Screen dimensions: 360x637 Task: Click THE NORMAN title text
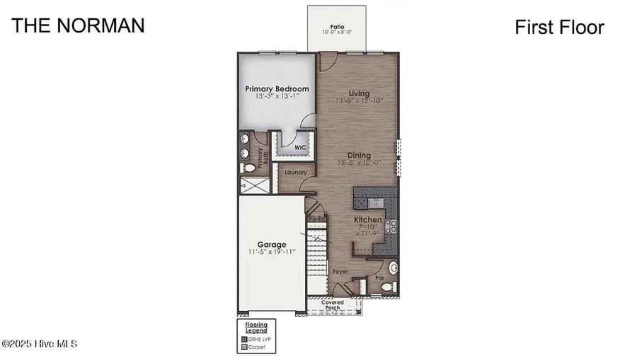pyautogui.click(x=79, y=25)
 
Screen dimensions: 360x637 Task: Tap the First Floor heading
pyautogui.click(x=559, y=28)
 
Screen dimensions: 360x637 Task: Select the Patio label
pyautogui.click(x=337, y=28)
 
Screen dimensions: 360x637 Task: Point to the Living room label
pyautogui.click(x=360, y=93)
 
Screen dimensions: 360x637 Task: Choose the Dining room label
pyautogui.click(x=360, y=155)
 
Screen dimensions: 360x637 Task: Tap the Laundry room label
pyautogui.click(x=295, y=172)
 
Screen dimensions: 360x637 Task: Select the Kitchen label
pyautogui.click(x=368, y=220)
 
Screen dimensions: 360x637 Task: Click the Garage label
pyautogui.click(x=272, y=245)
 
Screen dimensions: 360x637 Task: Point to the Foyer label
pyautogui.click(x=340, y=271)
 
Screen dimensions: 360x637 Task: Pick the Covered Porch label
pyautogui.click(x=333, y=306)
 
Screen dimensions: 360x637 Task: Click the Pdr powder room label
pyautogui.click(x=379, y=278)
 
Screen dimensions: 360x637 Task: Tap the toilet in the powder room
pyautogui.click(x=394, y=269)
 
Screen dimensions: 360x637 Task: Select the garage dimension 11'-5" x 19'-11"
pyautogui.click(x=272, y=252)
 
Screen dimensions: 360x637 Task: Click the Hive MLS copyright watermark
pyautogui.click(x=39, y=344)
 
